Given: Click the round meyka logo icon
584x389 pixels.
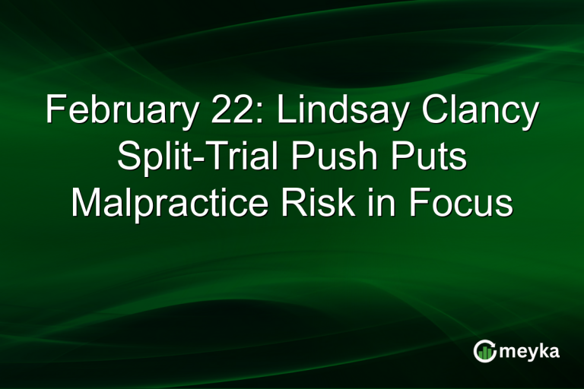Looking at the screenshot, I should coord(485,350).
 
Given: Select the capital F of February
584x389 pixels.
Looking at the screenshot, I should coord(54,112).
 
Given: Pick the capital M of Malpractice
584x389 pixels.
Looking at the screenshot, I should coord(86,204).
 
